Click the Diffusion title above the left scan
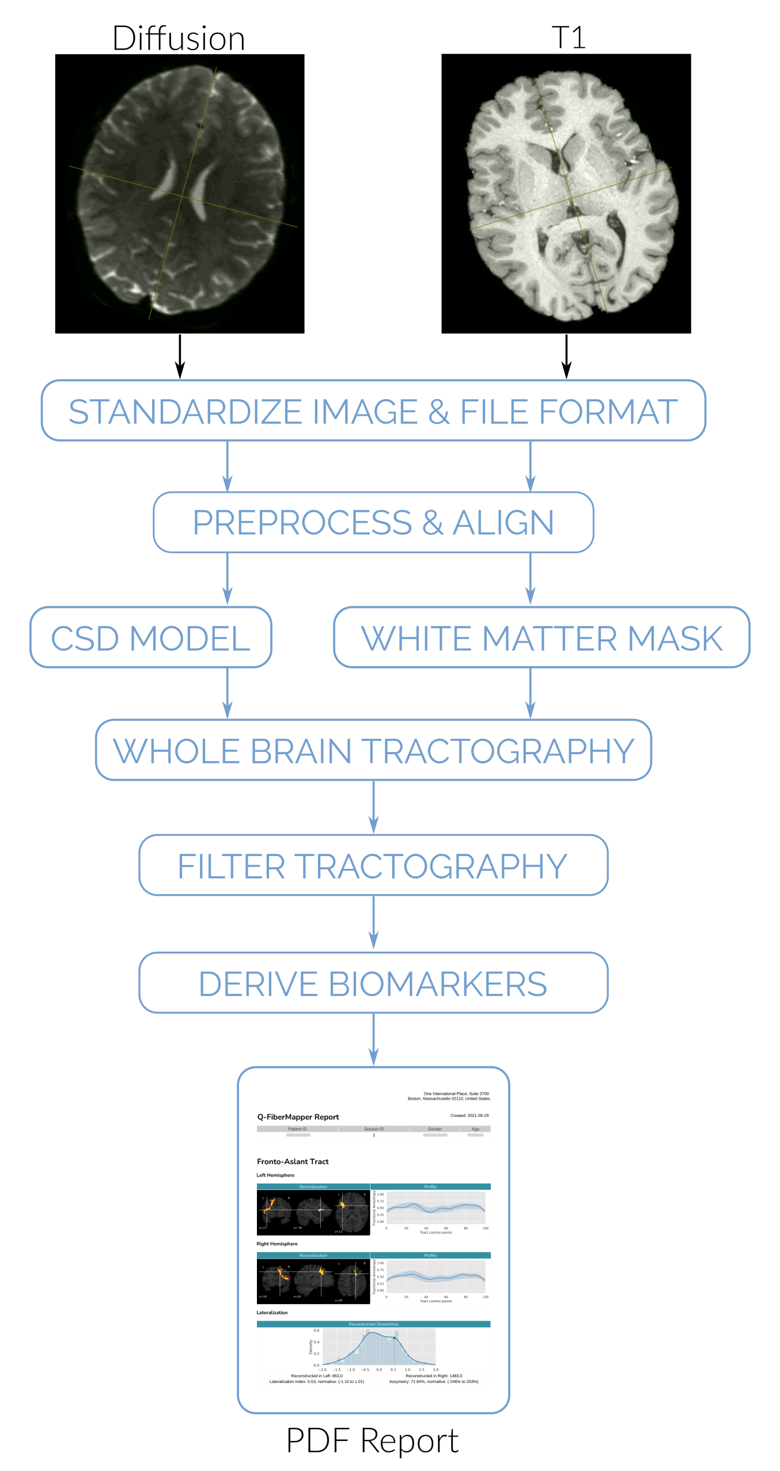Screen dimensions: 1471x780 pos(179,39)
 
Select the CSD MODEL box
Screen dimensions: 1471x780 pos(151,638)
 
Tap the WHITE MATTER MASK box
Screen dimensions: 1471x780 pos(542,638)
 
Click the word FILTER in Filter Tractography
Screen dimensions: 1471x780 pos(231,866)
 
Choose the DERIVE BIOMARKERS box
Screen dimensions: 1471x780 pos(373,983)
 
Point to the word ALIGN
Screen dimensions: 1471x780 pos(503,523)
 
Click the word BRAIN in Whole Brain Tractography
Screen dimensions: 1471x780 pos(301,751)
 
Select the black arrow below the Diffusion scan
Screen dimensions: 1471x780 pos(180,356)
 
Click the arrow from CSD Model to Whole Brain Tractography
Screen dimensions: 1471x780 pos(228,693)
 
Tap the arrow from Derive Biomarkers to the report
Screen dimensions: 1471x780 pos(373,1040)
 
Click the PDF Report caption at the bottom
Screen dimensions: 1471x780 pos(372,1440)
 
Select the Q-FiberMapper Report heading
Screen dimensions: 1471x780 pos(298,1117)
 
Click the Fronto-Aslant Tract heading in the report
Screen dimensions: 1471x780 pos(293,1162)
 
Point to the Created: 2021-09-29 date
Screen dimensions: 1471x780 pos(469,1116)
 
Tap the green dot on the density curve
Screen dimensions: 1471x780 pos(394,1338)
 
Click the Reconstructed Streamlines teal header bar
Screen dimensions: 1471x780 pos(373,1324)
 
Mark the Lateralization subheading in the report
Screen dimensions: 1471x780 pos(272,1313)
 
